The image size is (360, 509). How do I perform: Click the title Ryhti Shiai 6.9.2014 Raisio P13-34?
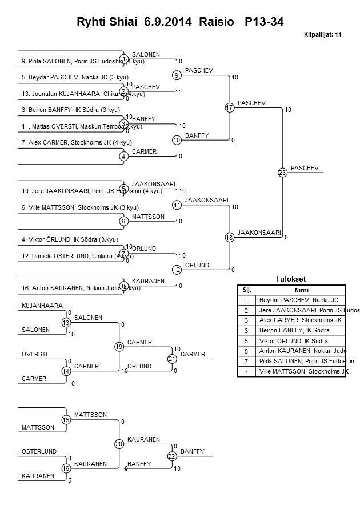pos(180,22)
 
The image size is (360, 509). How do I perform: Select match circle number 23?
pos(282,173)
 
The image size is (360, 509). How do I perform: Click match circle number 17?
pos(230,107)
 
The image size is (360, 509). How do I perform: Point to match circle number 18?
pos(230,237)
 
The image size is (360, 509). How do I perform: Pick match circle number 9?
pos(177,75)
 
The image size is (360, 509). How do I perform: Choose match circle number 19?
pos(119,347)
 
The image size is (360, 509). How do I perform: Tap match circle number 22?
pos(171,456)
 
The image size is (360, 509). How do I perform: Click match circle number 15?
pos(66,420)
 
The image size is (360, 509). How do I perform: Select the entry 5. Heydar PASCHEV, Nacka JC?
pos(67,76)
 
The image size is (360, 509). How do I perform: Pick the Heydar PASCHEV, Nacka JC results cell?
pos(298,299)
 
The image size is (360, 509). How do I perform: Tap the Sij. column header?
pos(247,290)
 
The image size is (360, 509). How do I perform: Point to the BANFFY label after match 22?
pos(192,451)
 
